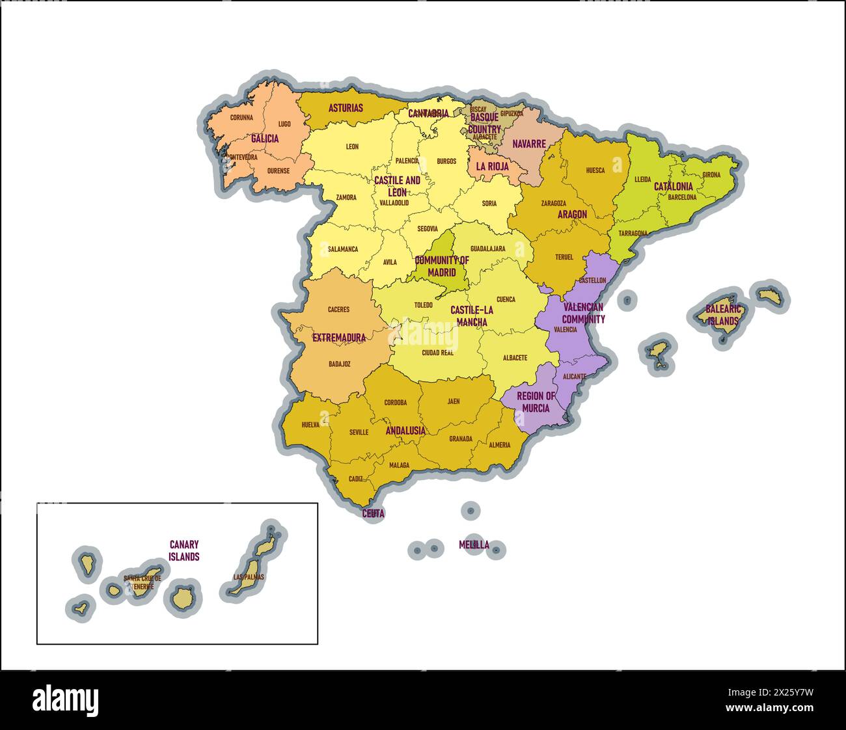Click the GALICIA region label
tap(265, 139)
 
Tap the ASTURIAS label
tap(346, 108)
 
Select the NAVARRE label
tap(528, 144)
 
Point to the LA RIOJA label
tap(492, 166)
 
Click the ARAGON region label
tap(572, 214)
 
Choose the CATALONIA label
tap(673, 186)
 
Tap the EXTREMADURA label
tap(338, 338)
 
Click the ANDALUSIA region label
tap(405, 431)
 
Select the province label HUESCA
tap(595, 170)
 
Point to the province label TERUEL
tap(564, 257)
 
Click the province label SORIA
tap(489, 203)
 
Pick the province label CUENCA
tap(506, 299)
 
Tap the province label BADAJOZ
tap(340, 364)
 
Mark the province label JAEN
tap(453, 401)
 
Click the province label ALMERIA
tap(499, 445)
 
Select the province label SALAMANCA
tap(342, 249)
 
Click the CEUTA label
tap(373, 513)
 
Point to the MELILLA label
tap(474, 545)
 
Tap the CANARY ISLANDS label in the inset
tap(184, 550)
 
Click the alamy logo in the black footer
tap(66, 699)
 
